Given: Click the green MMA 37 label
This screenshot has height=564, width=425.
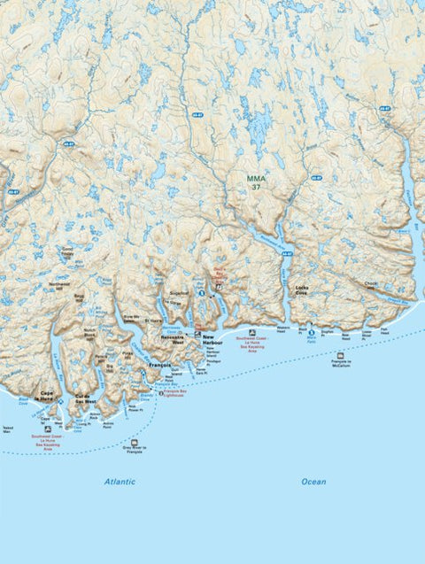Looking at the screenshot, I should [256, 182].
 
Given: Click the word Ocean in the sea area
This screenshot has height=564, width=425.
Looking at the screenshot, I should [313, 482].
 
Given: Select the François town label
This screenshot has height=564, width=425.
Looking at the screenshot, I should [159, 365].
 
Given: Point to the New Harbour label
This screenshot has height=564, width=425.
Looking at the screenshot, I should [212, 340].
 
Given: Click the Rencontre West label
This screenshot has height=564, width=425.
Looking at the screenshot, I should [172, 340].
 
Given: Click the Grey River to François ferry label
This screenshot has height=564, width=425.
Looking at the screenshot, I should [133, 451].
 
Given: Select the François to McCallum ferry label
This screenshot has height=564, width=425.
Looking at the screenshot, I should [341, 364].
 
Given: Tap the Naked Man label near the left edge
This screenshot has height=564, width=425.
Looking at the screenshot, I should [8, 429].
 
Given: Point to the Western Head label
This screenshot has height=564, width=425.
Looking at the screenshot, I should [282, 328].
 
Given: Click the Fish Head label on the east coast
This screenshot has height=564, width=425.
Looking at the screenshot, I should [384, 329].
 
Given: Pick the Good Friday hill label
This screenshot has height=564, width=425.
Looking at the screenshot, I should [67, 252].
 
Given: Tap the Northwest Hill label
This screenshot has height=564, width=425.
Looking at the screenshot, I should [60, 284].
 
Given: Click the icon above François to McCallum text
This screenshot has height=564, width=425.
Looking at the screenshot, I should [340, 355].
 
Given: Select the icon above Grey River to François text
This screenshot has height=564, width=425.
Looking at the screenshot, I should [134, 442].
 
